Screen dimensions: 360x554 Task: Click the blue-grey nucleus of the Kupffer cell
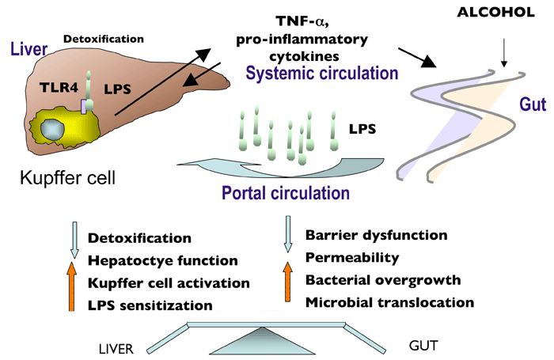[60, 131]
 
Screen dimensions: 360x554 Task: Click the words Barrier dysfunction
[376, 235]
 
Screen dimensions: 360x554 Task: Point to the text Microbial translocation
[389, 301]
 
